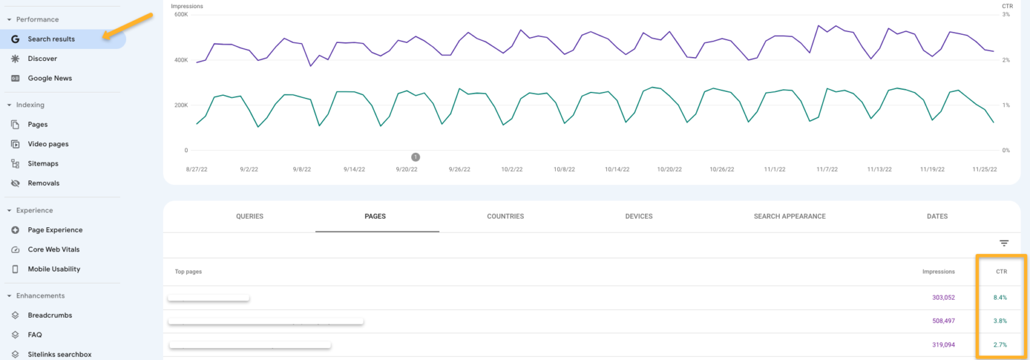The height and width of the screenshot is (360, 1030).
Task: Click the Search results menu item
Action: pos(51,39)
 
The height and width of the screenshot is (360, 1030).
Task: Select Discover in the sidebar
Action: pos(42,58)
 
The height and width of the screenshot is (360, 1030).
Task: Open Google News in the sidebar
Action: pos(50,78)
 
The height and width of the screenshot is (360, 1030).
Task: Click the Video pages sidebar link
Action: pos(48,144)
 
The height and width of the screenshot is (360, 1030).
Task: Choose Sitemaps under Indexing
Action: pos(43,164)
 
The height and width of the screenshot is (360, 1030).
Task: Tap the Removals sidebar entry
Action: pos(44,183)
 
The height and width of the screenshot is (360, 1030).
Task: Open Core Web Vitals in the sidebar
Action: pos(54,249)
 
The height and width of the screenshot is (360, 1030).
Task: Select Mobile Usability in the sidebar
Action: pos(54,269)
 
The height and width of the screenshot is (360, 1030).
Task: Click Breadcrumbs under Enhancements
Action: pos(50,315)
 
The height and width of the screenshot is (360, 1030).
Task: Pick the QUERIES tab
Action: pos(249,217)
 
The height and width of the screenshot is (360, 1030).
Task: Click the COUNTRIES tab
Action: pos(505,217)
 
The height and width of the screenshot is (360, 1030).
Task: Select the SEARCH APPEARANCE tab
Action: pos(789,217)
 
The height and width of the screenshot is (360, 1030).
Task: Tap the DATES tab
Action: pos(937,217)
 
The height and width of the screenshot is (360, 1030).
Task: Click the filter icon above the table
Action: pos(1004,243)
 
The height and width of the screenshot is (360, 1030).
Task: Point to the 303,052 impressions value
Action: pos(943,298)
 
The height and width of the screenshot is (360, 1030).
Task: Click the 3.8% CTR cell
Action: pos(1000,321)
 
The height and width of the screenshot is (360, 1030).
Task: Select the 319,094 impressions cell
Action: pos(943,345)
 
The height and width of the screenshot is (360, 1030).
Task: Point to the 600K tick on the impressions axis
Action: pos(180,15)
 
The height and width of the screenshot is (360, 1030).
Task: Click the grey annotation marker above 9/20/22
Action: pos(415,157)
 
